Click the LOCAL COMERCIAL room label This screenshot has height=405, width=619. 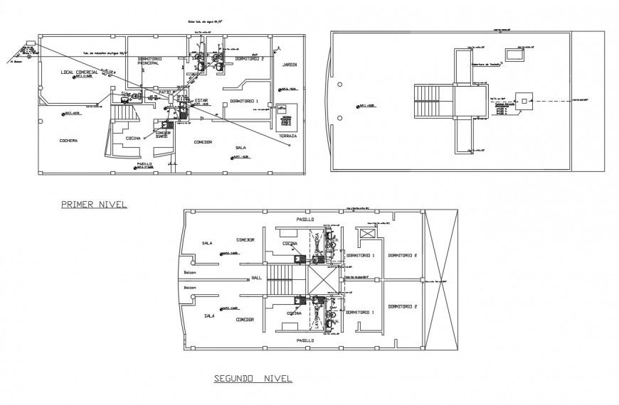pos(80,72)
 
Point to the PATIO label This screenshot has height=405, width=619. pos(166,92)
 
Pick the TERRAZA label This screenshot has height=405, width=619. pos(287,135)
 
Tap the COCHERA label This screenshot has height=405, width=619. pos(69,140)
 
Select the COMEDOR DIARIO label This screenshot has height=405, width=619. pos(163,134)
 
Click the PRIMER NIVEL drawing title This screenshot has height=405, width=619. pos(94,204)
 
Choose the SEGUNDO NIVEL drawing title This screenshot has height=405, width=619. pos(253,379)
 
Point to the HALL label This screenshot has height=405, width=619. pos(256,278)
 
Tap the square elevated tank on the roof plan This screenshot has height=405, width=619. pos(524,102)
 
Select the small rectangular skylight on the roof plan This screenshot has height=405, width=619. pos(513,54)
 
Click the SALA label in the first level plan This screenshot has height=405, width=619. pos(240,148)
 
